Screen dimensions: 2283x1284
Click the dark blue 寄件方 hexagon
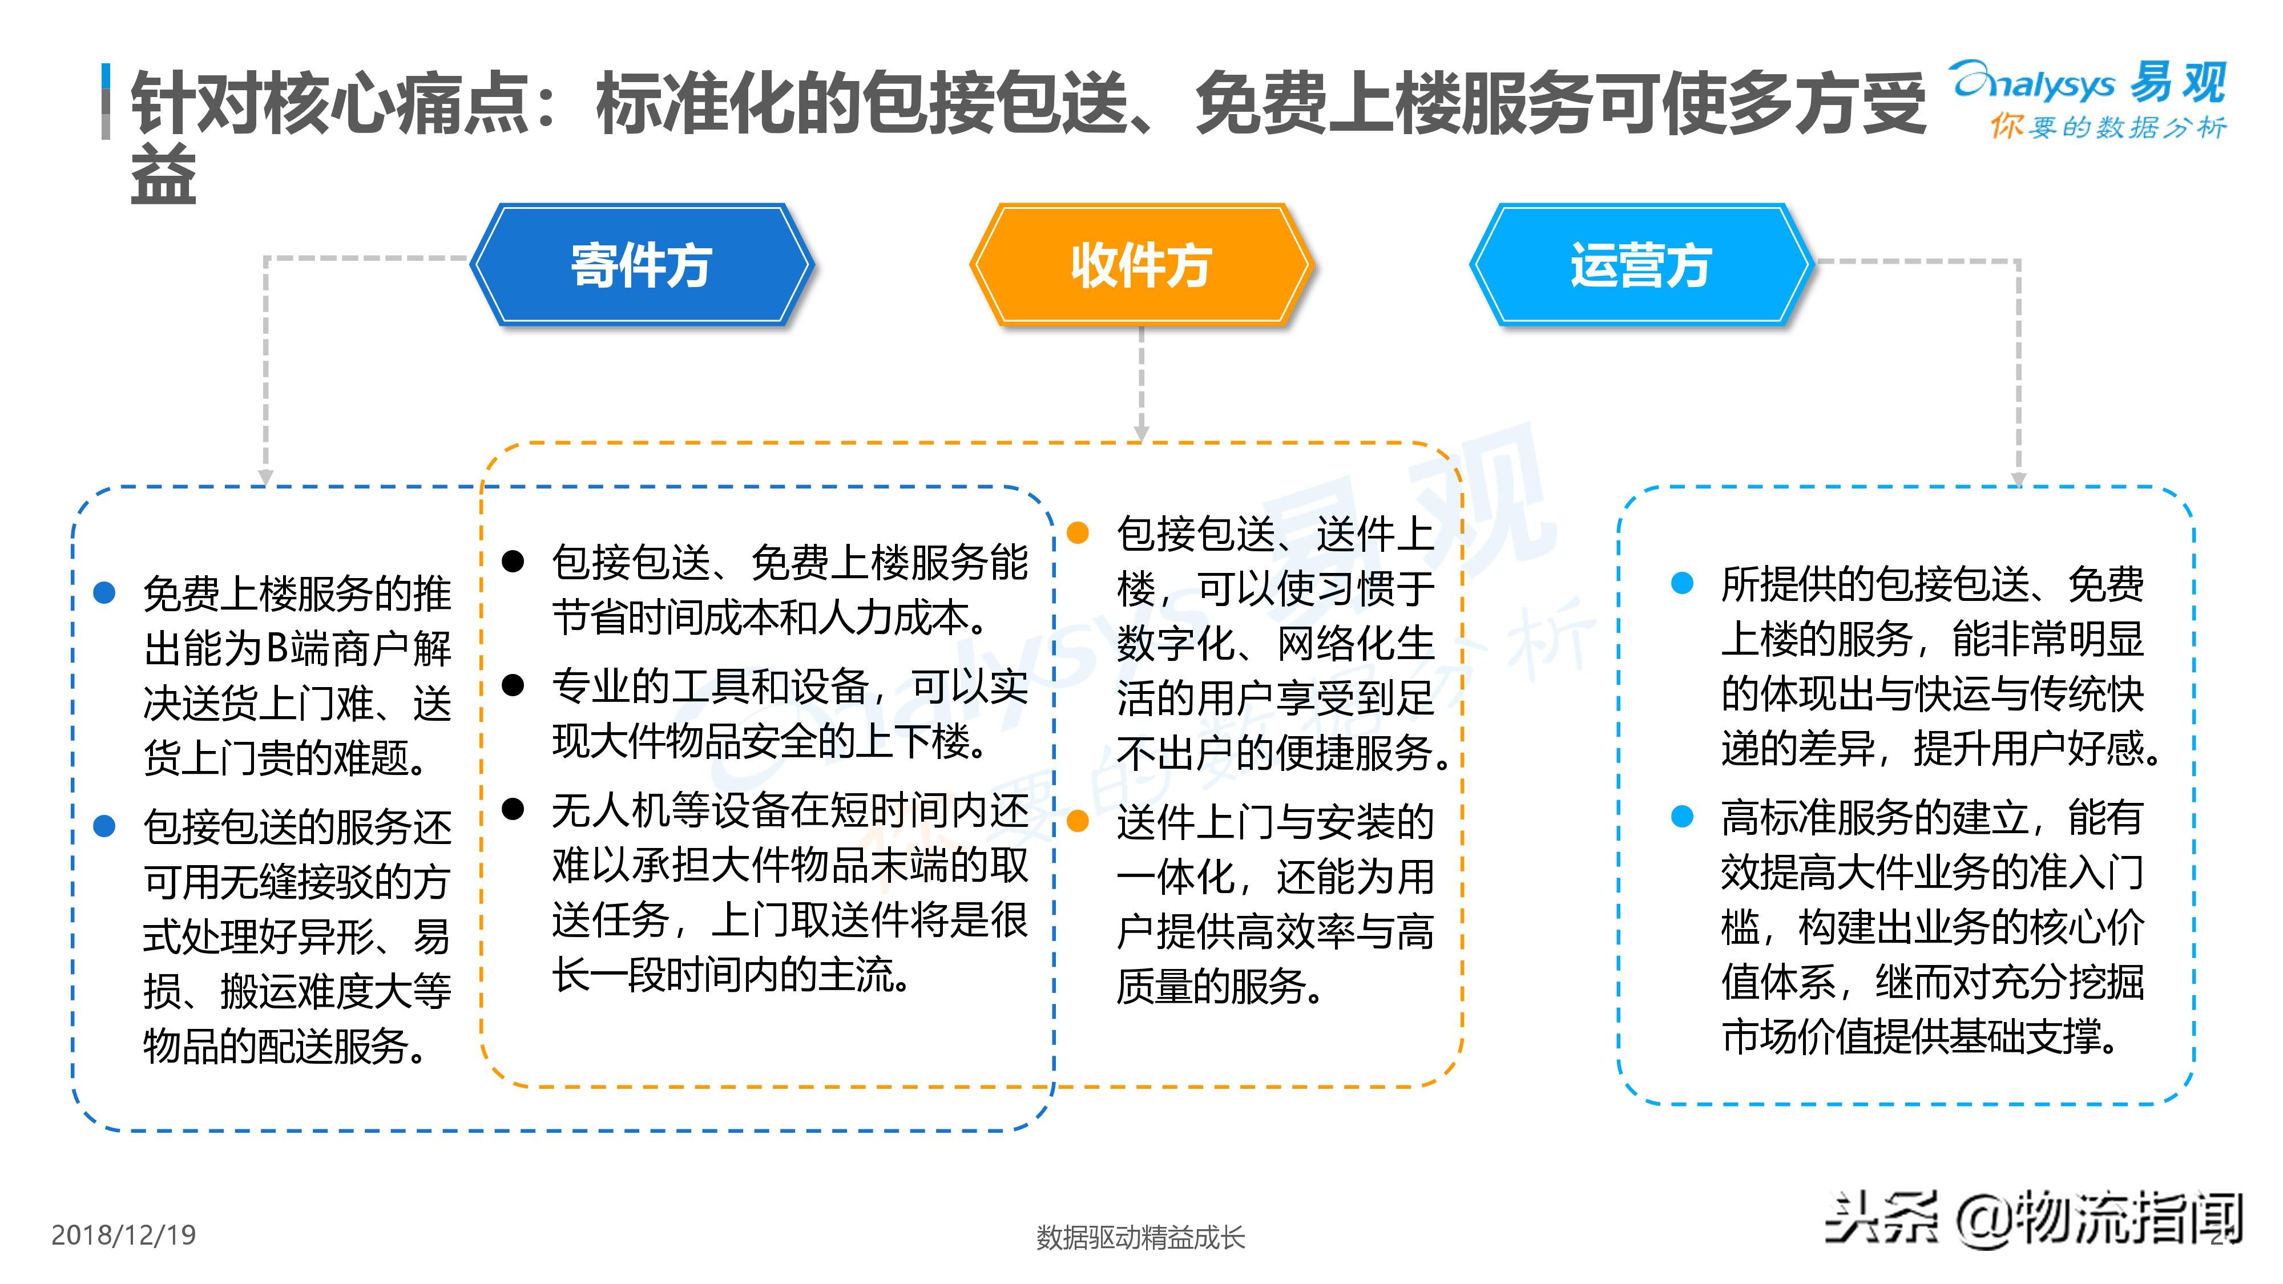click(x=642, y=264)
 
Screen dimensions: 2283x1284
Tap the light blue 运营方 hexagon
click(x=1640, y=264)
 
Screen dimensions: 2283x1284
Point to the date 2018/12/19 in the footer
click(x=123, y=1234)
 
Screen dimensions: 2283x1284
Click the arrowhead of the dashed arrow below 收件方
click(x=1141, y=433)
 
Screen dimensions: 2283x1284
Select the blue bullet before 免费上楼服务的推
click(x=104, y=593)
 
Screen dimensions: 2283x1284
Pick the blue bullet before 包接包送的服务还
click(x=104, y=826)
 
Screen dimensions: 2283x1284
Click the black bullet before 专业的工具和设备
click(x=513, y=685)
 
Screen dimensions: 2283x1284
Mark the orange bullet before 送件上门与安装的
click(x=1078, y=821)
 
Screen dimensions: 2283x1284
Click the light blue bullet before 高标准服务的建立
click(x=1682, y=816)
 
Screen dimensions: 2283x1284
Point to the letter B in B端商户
click(x=276, y=649)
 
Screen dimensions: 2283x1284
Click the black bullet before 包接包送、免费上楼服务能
click(x=513, y=561)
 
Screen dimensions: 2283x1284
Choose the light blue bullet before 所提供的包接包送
click(x=1682, y=583)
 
